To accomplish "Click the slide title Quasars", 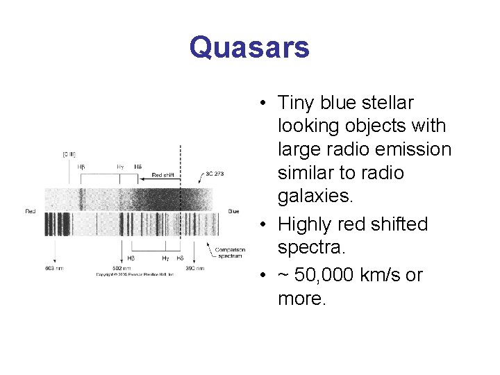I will (x=249, y=48).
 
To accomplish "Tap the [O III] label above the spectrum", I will (x=69, y=153).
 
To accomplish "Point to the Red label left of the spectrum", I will (x=31, y=211).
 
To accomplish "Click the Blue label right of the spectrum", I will (x=234, y=211).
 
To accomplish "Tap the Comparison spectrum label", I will (x=228, y=253).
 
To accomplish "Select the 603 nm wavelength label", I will (x=53, y=267).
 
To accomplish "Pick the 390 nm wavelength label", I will (x=194, y=267).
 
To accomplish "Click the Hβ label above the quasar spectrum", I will (x=82, y=167).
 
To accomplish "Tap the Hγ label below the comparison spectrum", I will (x=165, y=258).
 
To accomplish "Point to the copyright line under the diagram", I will (x=135, y=275).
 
